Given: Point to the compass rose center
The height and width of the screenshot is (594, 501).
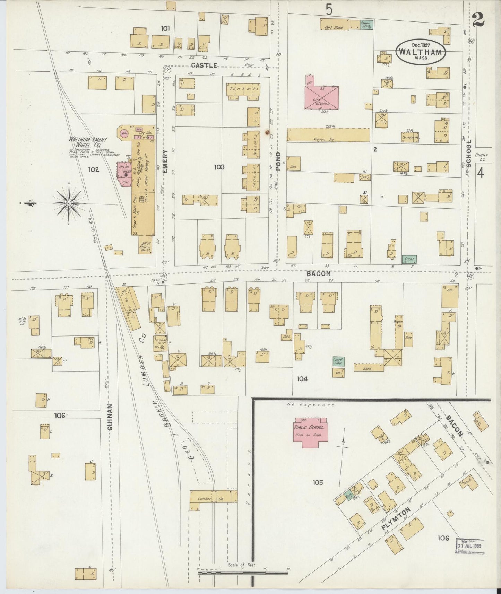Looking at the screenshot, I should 69,203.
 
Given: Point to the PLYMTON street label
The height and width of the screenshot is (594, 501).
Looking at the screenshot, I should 396,521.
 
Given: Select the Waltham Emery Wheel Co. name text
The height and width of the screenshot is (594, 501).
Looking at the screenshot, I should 88,142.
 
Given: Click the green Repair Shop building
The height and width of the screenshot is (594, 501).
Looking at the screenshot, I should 366,25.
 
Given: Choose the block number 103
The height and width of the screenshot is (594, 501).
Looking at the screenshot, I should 219,167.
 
